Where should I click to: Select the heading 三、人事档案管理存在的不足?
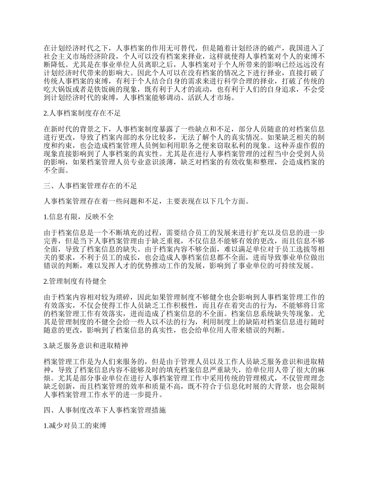[90, 186]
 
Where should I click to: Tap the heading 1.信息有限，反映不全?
[78, 217]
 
